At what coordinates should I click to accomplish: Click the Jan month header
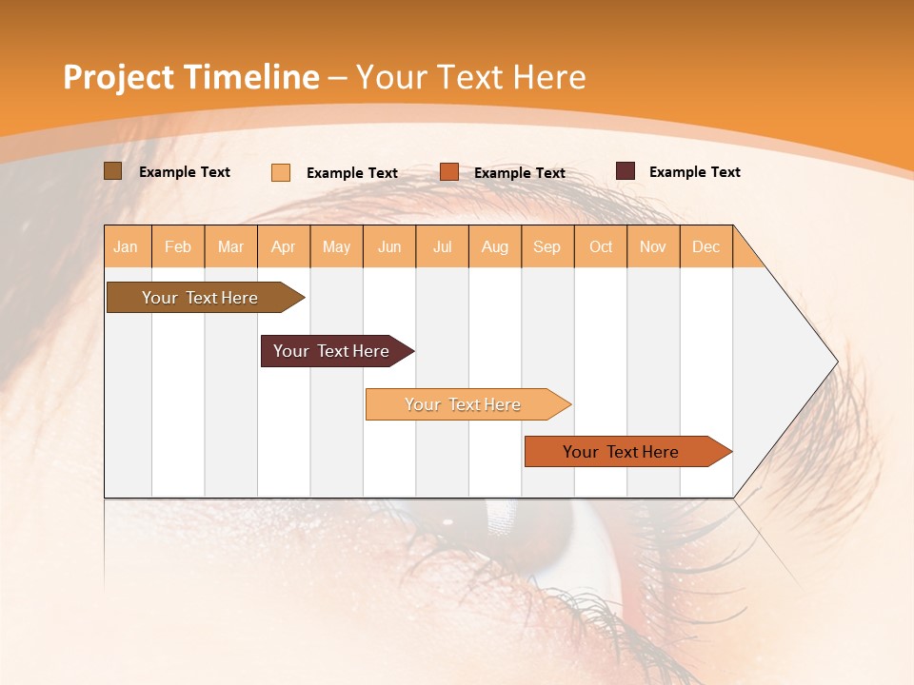[x=127, y=246]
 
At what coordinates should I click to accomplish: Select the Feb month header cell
[x=178, y=246]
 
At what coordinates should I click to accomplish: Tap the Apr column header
[x=284, y=246]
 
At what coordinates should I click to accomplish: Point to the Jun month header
[x=389, y=246]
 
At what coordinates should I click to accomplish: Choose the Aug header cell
[x=495, y=246]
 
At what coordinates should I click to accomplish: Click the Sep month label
[x=547, y=246]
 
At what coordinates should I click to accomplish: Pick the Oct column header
[x=601, y=246]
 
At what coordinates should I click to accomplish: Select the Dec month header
[x=706, y=246]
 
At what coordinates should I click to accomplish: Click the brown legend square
[x=113, y=171]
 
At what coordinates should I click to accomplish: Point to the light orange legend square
[x=281, y=172]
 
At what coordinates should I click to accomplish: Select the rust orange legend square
[x=449, y=171]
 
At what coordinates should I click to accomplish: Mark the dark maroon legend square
[x=626, y=171]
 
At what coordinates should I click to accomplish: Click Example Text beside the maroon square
[x=695, y=171]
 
